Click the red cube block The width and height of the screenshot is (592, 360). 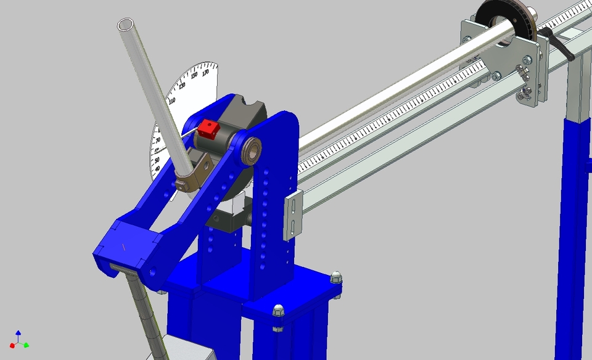[x=208, y=129]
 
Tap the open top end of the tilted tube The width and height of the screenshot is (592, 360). [x=126, y=25]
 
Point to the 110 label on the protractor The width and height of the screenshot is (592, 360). [x=171, y=100]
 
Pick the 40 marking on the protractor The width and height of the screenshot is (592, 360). [x=157, y=168]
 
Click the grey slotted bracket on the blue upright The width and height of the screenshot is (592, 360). [x=294, y=215]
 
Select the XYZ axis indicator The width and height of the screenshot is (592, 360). [x=18, y=340]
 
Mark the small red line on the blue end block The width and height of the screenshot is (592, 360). [x=125, y=247]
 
